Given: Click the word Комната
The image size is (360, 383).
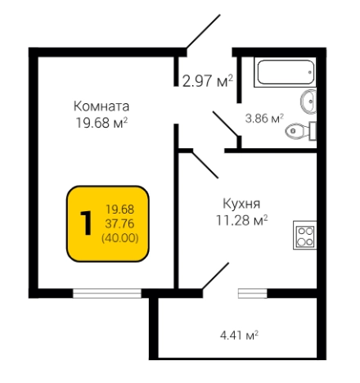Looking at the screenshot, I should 101,106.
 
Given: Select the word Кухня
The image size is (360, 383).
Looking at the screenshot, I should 241,203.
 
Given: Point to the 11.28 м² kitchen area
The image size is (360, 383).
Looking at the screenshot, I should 241,219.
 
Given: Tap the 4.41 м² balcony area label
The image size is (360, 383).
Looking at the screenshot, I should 240,334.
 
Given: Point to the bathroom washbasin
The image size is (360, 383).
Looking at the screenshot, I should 308,101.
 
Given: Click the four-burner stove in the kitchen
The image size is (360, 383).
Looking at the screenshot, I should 305,237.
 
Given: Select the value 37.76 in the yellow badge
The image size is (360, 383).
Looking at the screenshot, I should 119,223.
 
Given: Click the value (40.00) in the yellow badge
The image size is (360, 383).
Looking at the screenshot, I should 119,237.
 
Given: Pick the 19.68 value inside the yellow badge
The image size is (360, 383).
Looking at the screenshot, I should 119,210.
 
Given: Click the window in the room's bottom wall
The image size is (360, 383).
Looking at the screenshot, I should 106,291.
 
